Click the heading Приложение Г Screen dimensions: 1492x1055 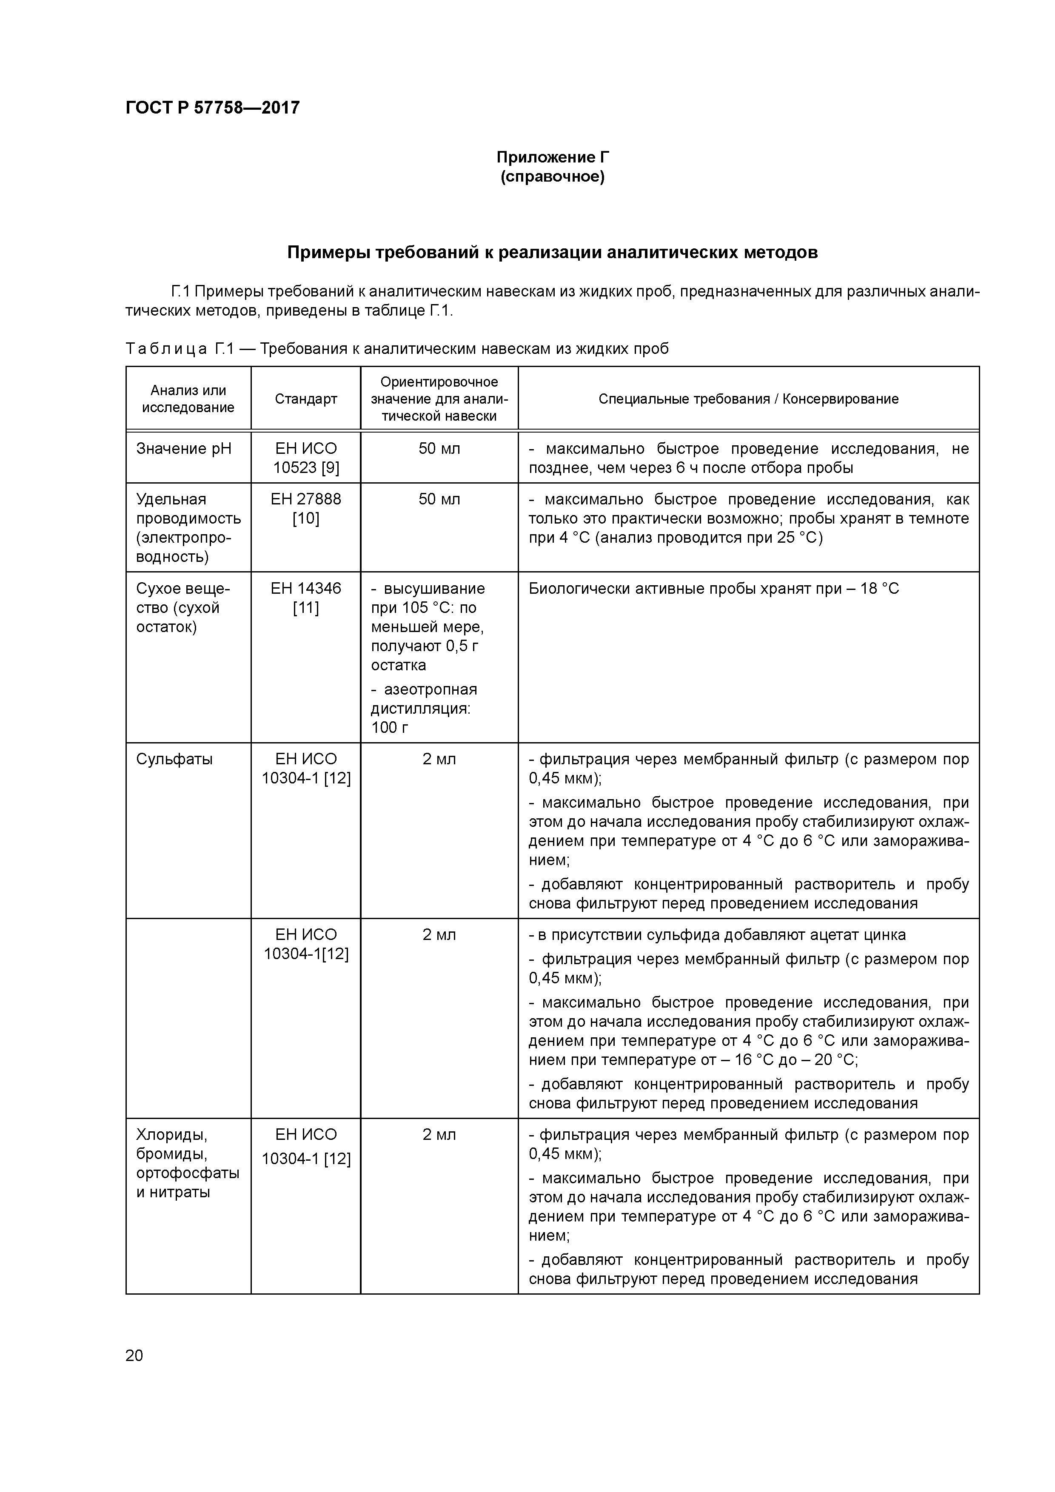click(x=553, y=157)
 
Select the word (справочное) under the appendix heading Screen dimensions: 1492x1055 click(x=553, y=177)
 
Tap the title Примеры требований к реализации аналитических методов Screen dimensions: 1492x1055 click(x=553, y=252)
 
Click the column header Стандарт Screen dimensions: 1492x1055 click(x=305, y=399)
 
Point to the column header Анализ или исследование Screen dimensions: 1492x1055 click(x=188, y=399)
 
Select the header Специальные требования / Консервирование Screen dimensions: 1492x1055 click(x=748, y=399)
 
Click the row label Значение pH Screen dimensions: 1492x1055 click(x=183, y=449)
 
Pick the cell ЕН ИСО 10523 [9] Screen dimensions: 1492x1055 click(x=305, y=458)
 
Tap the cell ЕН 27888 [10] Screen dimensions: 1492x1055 click(x=305, y=509)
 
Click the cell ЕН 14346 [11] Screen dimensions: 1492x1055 click(x=305, y=598)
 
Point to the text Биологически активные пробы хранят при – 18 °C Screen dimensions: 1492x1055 click(x=713, y=589)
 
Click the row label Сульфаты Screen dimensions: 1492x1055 click(x=174, y=759)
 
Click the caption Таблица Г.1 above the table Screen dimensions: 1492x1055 click(x=396, y=349)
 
